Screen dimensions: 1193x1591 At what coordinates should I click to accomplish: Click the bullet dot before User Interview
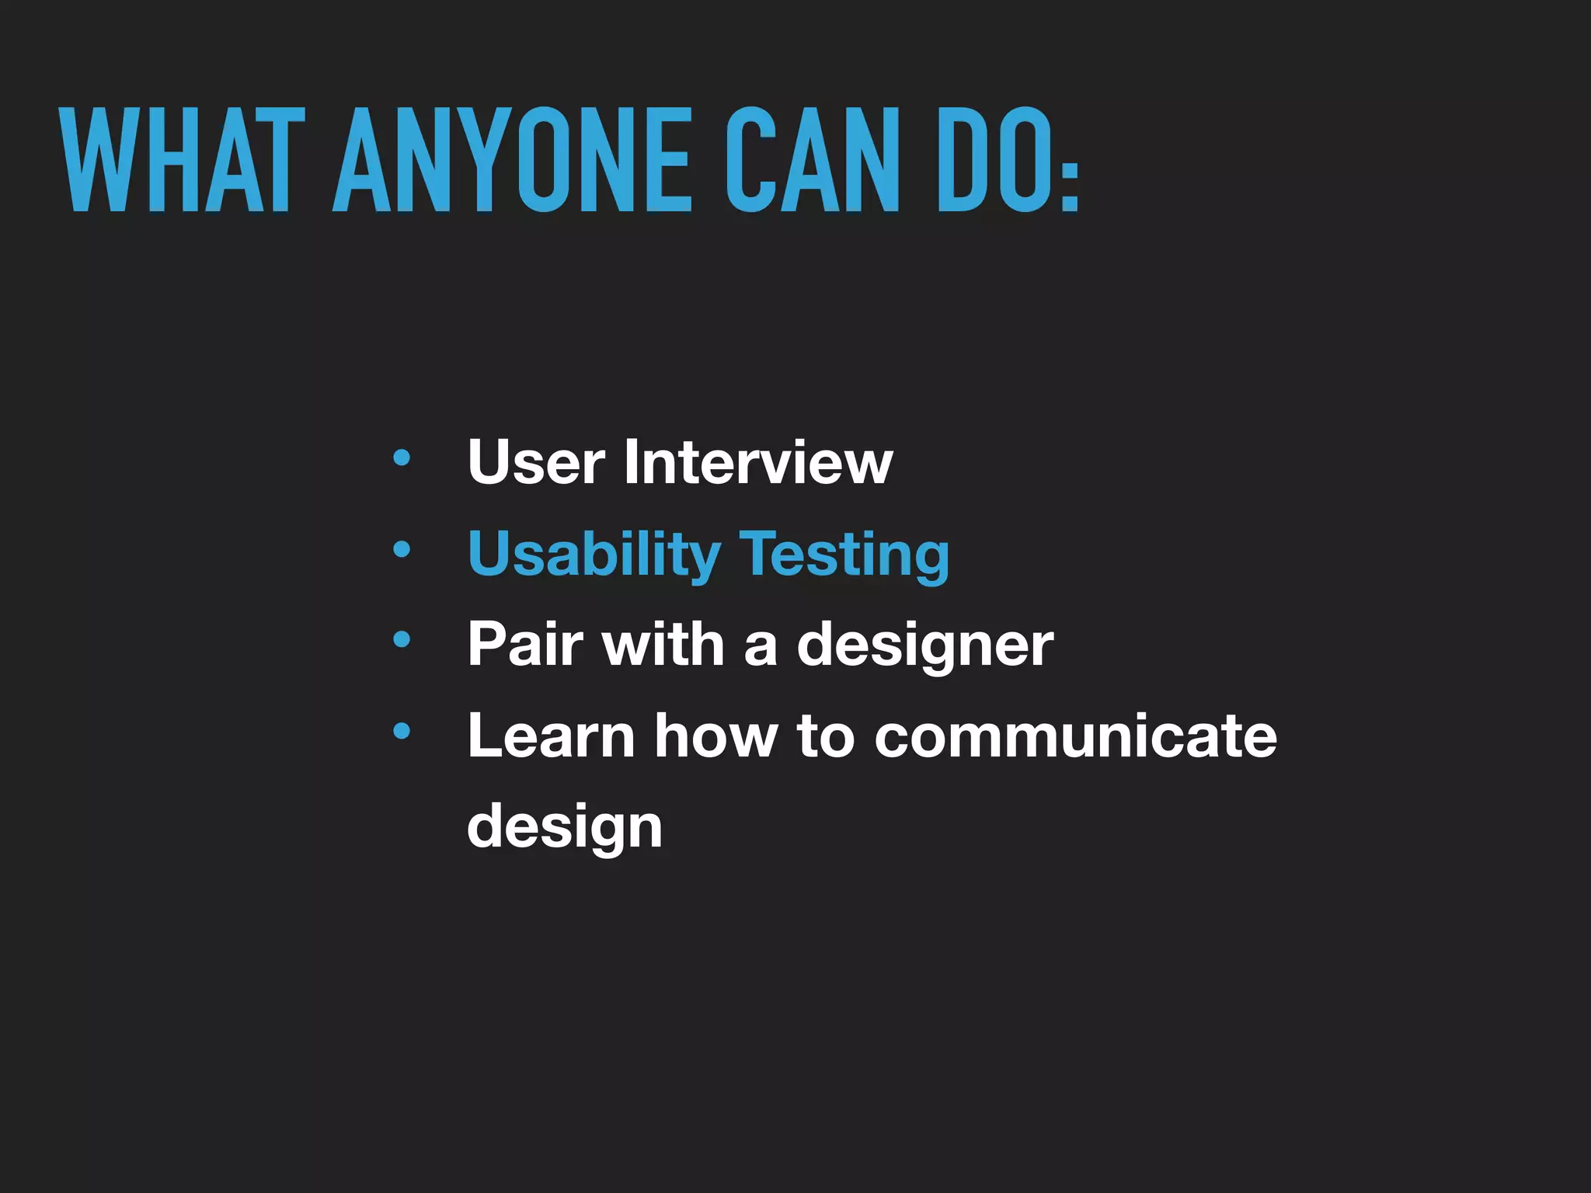402,458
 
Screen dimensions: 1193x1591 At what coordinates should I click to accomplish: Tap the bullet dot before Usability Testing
402,550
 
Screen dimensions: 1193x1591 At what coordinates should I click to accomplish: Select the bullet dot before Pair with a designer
402,640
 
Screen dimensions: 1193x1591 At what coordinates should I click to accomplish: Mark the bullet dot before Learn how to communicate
402,731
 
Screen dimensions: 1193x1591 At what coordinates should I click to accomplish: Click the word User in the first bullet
536,462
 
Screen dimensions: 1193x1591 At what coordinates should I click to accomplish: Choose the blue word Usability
594,555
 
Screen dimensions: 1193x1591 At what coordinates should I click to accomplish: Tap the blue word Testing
844,555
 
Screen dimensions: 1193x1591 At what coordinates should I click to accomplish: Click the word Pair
525,644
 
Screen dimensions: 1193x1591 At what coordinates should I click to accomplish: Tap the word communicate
1076,736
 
